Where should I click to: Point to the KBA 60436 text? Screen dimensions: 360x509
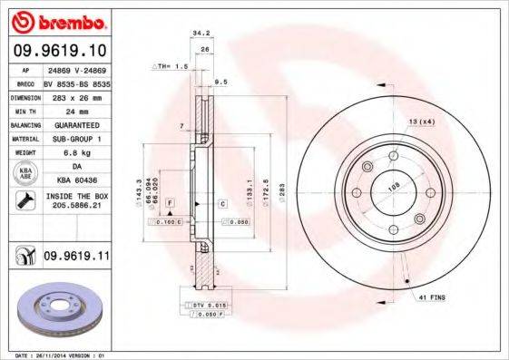tap(71, 181)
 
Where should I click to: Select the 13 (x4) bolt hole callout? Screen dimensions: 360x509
tap(422, 122)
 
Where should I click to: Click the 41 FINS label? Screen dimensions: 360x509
tap(433, 297)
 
